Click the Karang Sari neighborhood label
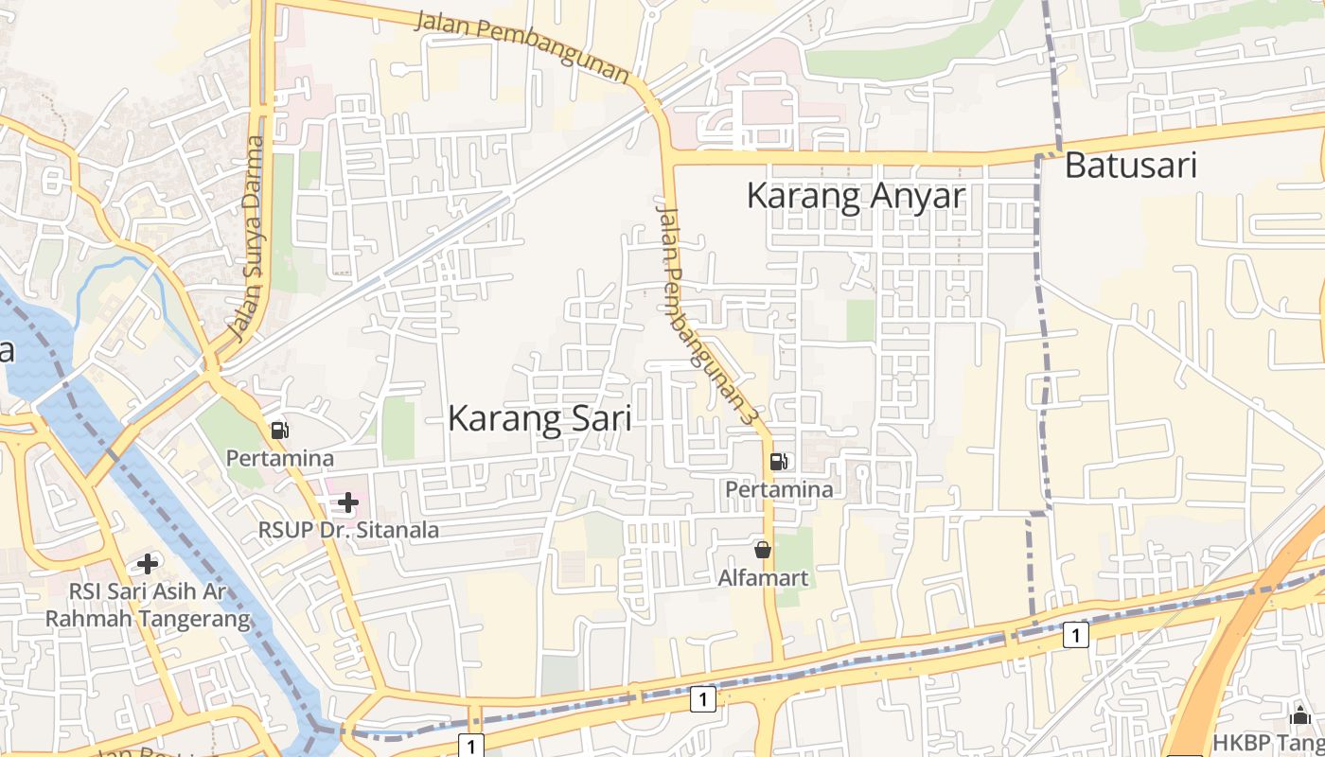tap(539, 418)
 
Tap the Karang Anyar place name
tap(856, 196)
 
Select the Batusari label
tap(1131, 166)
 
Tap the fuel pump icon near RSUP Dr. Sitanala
tap(279, 431)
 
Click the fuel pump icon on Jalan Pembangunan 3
tap(779, 462)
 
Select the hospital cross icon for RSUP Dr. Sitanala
tap(348, 502)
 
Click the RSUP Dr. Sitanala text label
tap(349, 530)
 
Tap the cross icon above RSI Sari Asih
tap(148, 564)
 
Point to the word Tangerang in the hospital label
tap(196, 620)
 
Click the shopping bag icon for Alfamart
tap(763, 550)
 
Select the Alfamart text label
tap(763, 576)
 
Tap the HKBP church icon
tap(1300, 714)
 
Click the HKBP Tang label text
tap(1268, 742)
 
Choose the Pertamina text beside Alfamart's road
tap(779, 489)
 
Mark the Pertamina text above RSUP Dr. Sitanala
tap(279, 458)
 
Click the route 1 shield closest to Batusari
tap(1074, 634)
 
